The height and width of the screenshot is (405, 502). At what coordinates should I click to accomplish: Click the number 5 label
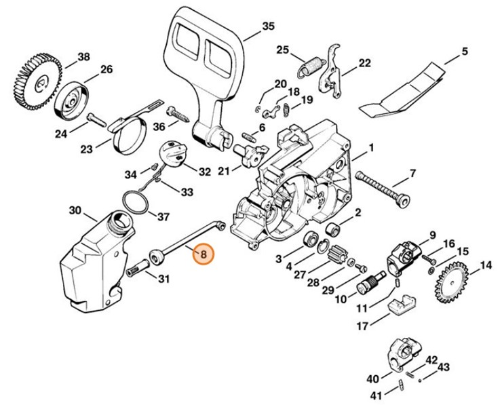tap(465, 51)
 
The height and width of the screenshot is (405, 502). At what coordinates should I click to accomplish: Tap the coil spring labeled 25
tap(311, 66)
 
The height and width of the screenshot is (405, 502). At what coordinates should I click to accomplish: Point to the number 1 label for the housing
tap(371, 148)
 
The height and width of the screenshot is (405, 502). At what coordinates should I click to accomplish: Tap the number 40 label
tap(372, 378)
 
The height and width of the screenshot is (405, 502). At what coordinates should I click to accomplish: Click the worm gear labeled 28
tap(336, 258)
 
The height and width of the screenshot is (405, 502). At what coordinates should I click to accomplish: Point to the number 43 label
tap(443, 367)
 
